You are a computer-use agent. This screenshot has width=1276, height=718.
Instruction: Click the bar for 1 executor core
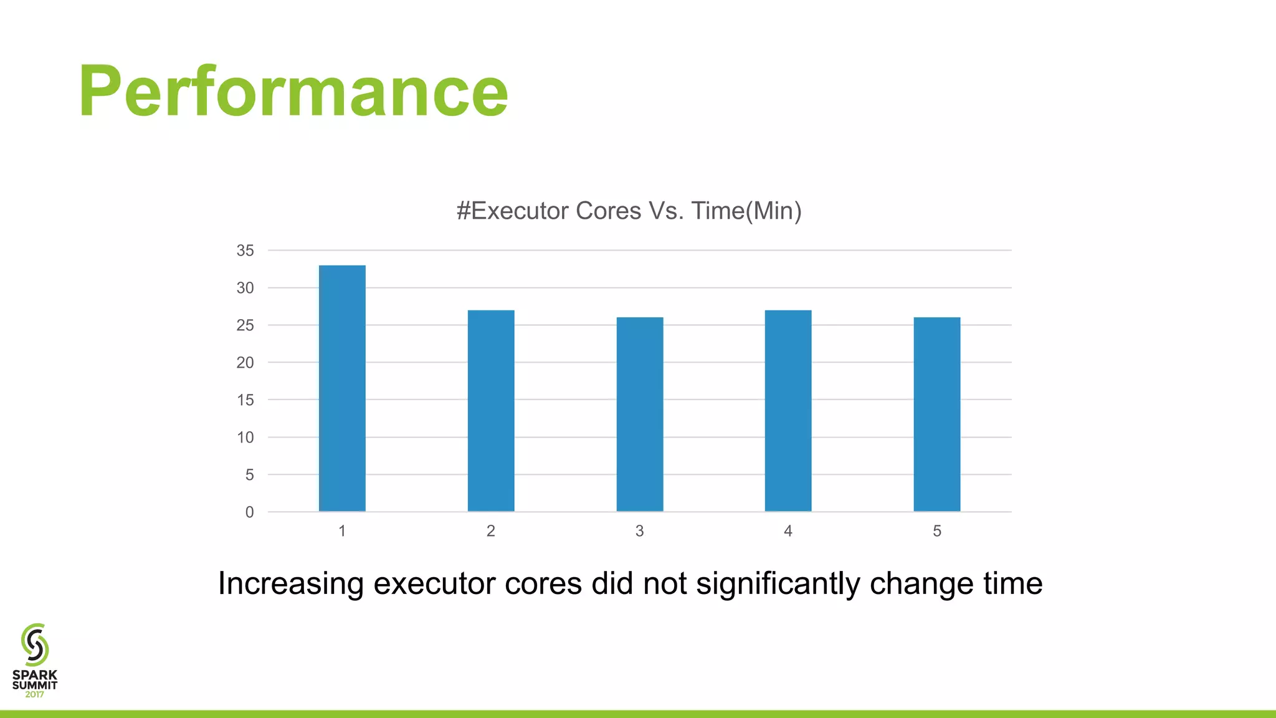[342, 388]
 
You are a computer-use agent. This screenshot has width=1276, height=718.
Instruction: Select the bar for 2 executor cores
[491, 411]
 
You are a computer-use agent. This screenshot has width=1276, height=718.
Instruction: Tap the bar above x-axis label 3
[640, 414]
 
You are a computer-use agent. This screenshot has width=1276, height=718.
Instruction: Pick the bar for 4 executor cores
[788, 411]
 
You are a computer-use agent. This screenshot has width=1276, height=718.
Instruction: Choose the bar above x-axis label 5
[937, 414]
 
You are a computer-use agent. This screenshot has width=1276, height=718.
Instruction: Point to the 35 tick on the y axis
[245, 251]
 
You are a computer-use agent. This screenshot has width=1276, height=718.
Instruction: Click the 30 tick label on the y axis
[245, 288]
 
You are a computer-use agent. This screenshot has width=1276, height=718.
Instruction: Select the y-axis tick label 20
[245, 363]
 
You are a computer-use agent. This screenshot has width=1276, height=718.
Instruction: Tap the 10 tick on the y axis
[245, 438]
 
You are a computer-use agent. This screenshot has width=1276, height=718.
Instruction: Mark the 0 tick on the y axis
[249, 512]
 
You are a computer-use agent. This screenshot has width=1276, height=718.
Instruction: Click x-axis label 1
[342, 531]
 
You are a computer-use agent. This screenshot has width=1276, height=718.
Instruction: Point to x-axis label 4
[788, 531]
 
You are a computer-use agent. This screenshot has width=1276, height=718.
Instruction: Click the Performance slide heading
[293, 92]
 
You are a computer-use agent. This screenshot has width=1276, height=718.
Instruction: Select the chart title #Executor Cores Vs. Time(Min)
[629, 211]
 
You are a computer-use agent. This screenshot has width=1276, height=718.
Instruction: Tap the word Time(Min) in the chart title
[746, 211]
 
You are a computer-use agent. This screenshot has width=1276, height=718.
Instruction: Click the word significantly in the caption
[779, 584]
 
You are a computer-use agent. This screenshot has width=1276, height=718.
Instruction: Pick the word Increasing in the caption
[290, 584]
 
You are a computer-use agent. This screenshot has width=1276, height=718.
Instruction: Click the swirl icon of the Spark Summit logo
[35, 644]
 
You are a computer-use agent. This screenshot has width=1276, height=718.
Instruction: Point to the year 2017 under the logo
[35, 694]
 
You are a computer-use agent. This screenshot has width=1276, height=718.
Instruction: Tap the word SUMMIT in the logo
[35, 685]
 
